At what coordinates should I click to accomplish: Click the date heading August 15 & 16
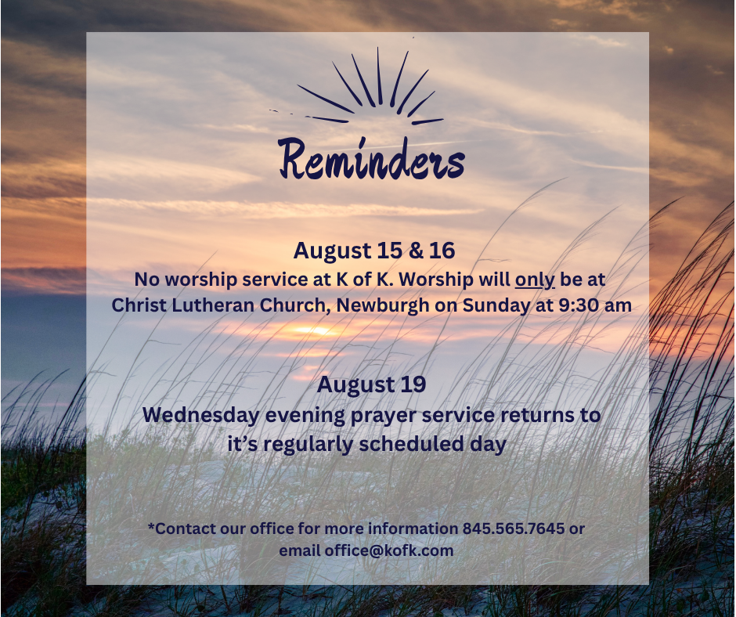point(374,251)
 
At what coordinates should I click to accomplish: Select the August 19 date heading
point(371,384)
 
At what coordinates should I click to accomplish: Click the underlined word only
point(535,280)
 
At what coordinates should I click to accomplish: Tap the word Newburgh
point(383,305)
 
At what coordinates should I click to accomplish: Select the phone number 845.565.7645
point(514,529)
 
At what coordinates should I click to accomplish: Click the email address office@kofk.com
point(389,550)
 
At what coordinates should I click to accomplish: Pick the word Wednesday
point(201,416)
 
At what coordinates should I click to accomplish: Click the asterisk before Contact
point(151,525)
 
